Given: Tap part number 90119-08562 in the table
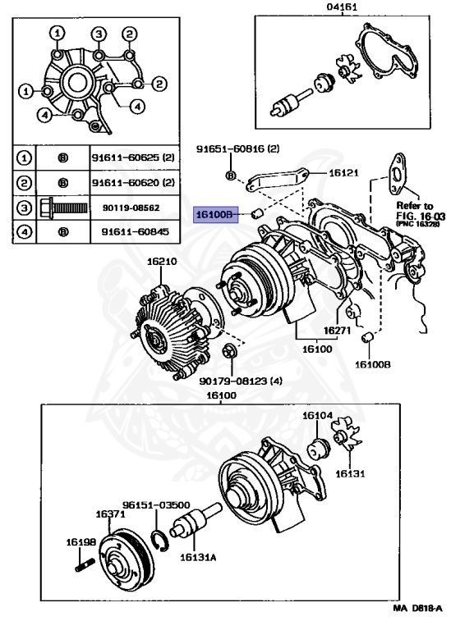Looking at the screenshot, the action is pyautogui.click(x=131, y=208).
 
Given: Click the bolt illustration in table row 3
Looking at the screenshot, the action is pyautogui.click(x=63, y=208).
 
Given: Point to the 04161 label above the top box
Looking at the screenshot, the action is pyautogui.click(x=342, y=7).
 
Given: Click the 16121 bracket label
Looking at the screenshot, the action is pyautogui.click(x=343, y=173).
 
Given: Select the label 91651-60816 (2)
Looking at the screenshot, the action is pyautogui.click(x=237, y=149).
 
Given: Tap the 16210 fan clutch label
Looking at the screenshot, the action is pyautogui.click(x=162, y=262).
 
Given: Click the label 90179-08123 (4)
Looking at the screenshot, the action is pyautogui.click(x=241, y=381).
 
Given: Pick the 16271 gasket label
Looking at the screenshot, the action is pyautogui.click(x=337, y=331).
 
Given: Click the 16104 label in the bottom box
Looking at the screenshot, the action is pyautogui.click(x=317, y=415).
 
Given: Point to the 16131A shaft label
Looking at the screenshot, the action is pyautogui.click(x=198, y=557).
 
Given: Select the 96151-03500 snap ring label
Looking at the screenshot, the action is pyautogui.click(x=156, y=505).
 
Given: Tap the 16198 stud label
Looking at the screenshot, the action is pyautogui.click(x=81, y=542).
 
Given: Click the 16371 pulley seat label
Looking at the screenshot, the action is pyautogui.click(x=110, y=514).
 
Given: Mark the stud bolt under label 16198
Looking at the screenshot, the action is pyautogui.click(x=85, y=564).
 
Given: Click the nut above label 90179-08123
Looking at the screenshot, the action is pyautogui.click(x=230, y=351).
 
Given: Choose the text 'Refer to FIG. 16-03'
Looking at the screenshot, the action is pyautogui.click(x=421, y=212).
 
